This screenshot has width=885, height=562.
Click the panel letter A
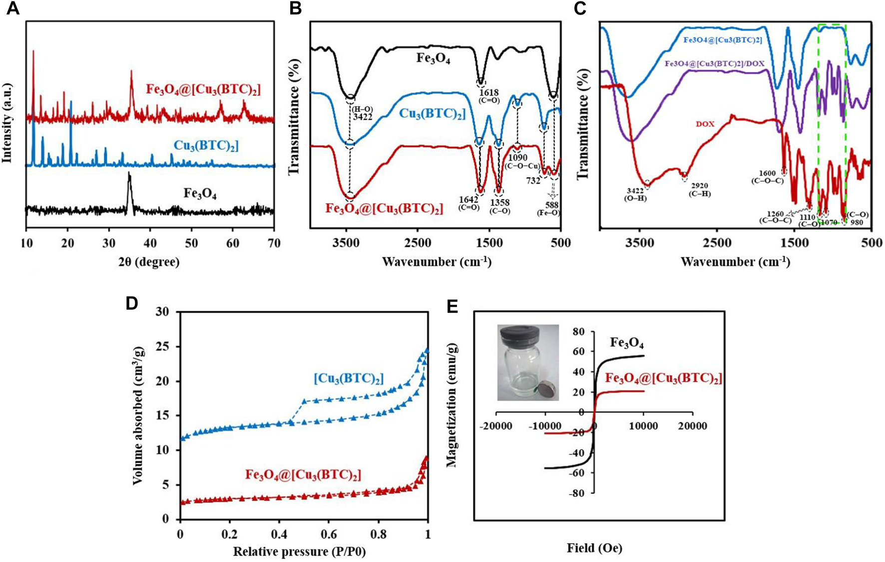pyautogui.click(x=12, y=8)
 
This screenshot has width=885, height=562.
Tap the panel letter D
pyautogui.click(x=131, y=303)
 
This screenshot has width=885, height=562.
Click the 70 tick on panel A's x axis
pyautogui.click(x=274, y=244)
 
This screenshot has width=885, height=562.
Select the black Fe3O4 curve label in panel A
pyautogui.click(x=200, y=193)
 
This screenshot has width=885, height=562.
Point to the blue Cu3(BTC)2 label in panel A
pyautogui.click(x=206, y=146)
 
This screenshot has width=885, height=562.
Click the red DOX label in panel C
pyautogui.click(x=705, y=124)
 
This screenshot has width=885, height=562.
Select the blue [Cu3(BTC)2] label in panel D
pyautogui.click(x=349, y=379)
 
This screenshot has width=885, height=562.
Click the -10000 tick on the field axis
pyautogui.click(x=545, y=426)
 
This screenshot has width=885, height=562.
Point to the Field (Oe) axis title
pyautogui.click(x=594, y=548)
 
